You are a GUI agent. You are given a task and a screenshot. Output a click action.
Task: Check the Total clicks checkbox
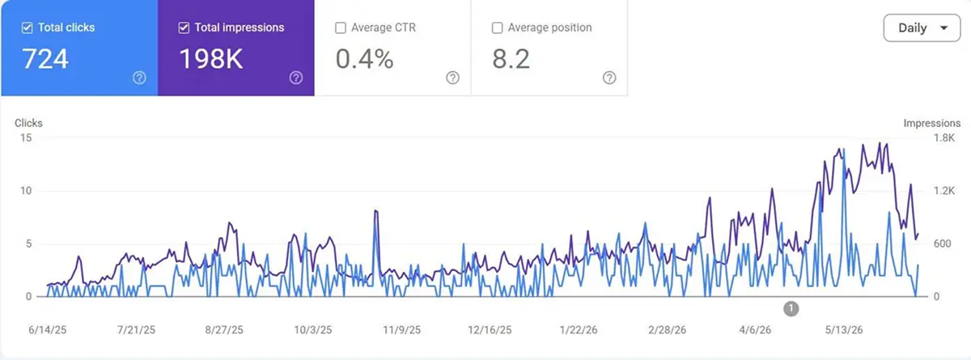pyautogui.click(x=27, y=28)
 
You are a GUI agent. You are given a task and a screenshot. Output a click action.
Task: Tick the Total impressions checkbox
pyautogui.click(x=184, y=28)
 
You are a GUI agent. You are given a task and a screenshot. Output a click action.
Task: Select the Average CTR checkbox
pyautogui.click(x=341, y=28)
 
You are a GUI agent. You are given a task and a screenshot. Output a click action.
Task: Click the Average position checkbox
pyautogui.click(x=497, y=28)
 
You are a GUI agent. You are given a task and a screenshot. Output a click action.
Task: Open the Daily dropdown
pyautogui.click(x=922, y=28)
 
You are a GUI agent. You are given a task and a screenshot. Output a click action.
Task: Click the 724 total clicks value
pyautogui.click(x=45, y=59)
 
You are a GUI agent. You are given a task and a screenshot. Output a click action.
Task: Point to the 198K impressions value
pyautogui.click(x=211, y=59)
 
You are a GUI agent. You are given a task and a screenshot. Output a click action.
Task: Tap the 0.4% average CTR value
pyautogui.click(x=365, y=59)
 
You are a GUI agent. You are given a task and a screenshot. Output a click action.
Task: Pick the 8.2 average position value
pyautogui.click(x=511, y=59)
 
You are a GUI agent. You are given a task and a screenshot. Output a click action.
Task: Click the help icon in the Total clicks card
pyautogui.click(x=139, y=78)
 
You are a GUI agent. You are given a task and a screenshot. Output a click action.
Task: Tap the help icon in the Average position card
pyautogui.click(x=609, y=78)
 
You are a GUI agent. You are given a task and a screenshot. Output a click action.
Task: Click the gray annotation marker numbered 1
pyautogui.click(x=791, y=309)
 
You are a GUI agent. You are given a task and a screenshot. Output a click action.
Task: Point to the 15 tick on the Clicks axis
pyautogui.click(x=26, y=138)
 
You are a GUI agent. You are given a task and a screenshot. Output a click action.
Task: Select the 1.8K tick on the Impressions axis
pyautogui.click(x=944, y=138)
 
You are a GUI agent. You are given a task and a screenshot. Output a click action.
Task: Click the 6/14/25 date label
pyautogui.click(x=47, y=330)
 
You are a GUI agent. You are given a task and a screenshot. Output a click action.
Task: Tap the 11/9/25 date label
pyautogui.click(x=402, y=330)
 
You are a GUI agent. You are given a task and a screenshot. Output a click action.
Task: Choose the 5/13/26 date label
pyautogui.click(x=843, y=330)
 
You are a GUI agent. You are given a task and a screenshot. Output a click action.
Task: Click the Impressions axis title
pyautogui.click(x=932, y=124)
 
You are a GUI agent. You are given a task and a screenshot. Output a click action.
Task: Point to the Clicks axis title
pyautogui.click(x=28, y=123)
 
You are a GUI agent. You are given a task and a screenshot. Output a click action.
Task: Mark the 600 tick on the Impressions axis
pyautogui.click(x=943, y=244)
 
